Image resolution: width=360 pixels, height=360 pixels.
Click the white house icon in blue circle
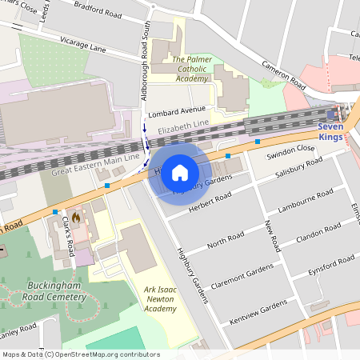pos(180,173)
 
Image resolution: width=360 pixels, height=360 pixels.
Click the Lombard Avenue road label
pos(178,111)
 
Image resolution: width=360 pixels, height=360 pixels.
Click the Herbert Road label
pos(210,202)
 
